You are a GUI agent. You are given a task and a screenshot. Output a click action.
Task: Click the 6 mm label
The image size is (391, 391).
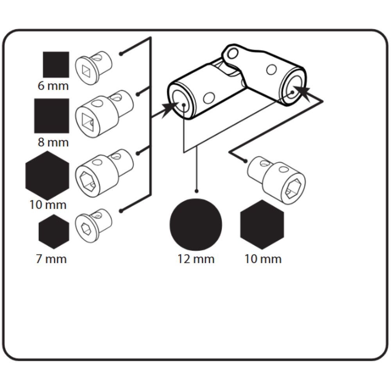point(53,86)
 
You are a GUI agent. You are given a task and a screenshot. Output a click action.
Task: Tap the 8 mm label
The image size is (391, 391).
point(53,142)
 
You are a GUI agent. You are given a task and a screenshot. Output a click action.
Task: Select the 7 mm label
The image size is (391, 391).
point(51,259)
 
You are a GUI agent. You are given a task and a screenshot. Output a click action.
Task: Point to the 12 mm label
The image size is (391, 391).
point(196,259)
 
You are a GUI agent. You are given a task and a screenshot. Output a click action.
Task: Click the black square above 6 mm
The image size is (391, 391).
point(56,64)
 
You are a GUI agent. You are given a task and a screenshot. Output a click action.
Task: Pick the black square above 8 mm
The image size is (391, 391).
point(52,116)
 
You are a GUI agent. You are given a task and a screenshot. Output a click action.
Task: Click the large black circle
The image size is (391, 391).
point(195,224)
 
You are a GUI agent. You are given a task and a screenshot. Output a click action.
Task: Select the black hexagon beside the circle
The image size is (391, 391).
point(262,225)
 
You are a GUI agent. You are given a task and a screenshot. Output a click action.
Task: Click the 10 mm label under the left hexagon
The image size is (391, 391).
point(48,204)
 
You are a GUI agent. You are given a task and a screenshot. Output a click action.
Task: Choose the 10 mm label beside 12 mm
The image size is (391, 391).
point(263,259)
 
